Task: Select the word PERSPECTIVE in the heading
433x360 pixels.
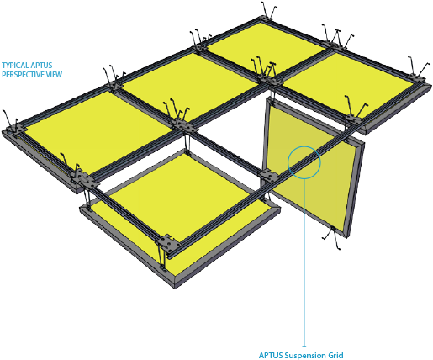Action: point(21,74)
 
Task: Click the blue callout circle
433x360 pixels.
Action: point(303,160)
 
